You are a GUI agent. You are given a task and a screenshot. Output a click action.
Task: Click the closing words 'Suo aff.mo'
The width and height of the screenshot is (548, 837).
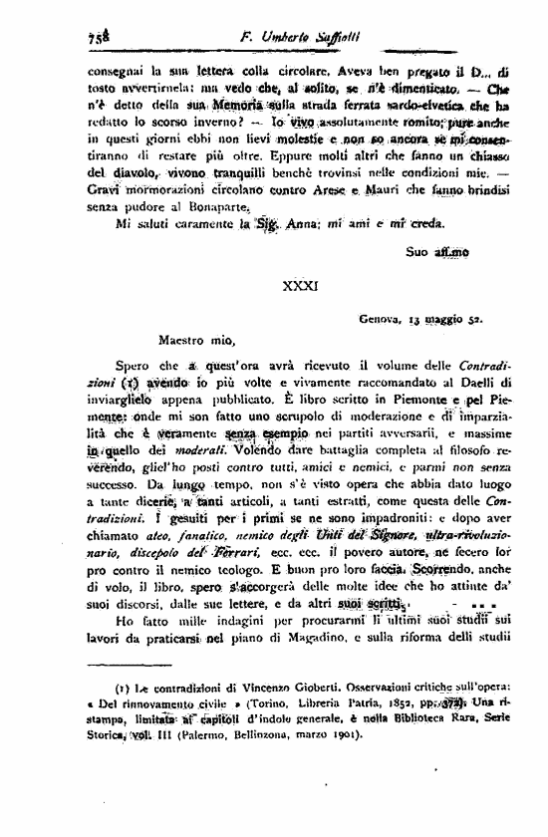[x=438, y=256]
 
